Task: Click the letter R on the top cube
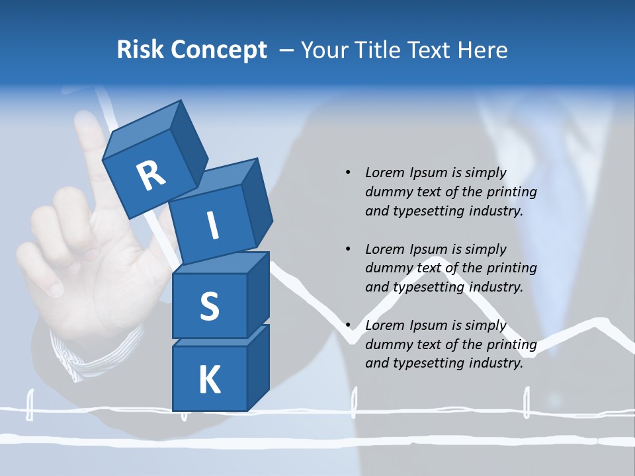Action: click(x=151, y=176)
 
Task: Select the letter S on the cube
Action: click(x=209, y=306)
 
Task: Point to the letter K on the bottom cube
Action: click(x=209, y=380)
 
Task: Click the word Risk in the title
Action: click(x=140, y=50)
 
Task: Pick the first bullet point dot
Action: click(x=348, y=173)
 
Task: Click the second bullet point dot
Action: click(x=348, y=249)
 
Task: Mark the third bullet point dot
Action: click(x=348, y=325)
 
